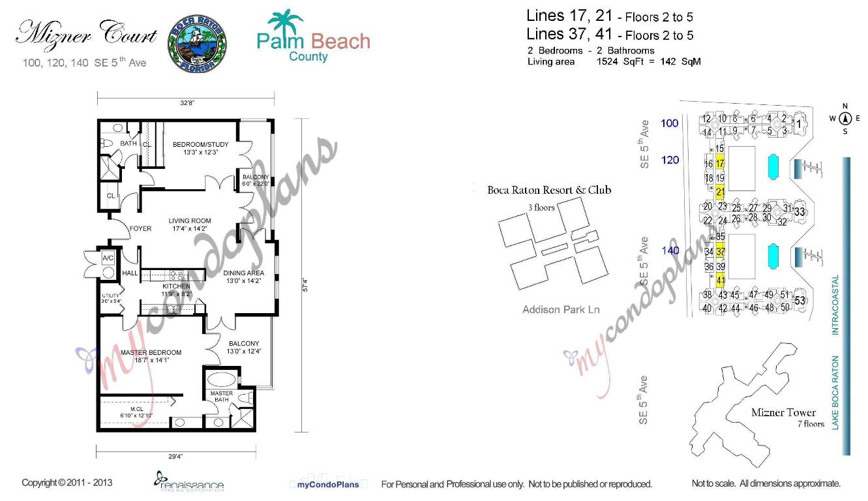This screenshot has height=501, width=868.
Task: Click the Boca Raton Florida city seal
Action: pyautogui.click(x=197, y=44)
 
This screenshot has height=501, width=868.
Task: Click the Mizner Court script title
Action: pyautogui.click(x=86, y=33)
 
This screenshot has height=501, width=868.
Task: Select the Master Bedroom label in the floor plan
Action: pyautogui.click(x=151, y=352)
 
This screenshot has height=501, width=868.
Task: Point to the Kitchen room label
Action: pyautogui.click(x=176, y=286)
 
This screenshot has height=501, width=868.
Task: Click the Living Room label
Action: pyautogui.click(x=190, y=221)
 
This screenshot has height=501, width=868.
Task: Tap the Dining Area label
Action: pyautogui.click(x=244, y=273)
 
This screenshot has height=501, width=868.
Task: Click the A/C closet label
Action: pyautogui.click(x=108, y=259)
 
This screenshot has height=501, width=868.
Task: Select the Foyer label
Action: pyautogui.click(x=140, y=228)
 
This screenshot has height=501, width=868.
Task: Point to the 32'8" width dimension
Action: pyautogui.click(x=187, y=102)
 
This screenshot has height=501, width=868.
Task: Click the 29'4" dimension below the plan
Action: pyautogui.click(x=175, y=457)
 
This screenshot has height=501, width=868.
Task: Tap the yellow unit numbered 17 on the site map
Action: pyautogui.click(x=720, y=162)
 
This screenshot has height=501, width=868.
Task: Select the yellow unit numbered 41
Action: pyautogui.click(x=721, y=281)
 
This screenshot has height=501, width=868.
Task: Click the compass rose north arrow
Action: pyautogui.click(x=845, y=118)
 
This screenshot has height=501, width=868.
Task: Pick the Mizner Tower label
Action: pyautogui.click(x=783, y=412)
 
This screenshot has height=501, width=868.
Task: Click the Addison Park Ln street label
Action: pyautogui.click(x=561, y=309)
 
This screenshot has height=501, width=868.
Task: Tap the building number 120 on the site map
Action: pyautogui.click(x=670, y=160)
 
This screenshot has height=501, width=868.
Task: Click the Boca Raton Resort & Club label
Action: pyautogui.click(x=549, y=190)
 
